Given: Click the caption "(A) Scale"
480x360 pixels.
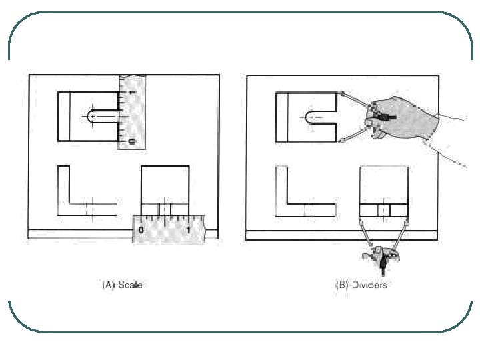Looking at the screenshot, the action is (x=122, y=285).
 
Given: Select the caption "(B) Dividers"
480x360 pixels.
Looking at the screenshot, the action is (x=361, y=285).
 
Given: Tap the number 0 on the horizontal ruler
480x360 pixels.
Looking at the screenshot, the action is (x=141, y=229).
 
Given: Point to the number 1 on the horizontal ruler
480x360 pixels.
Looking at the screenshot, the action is (x=189, y=229).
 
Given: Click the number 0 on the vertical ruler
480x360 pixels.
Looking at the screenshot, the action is (x=132, y=141).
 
